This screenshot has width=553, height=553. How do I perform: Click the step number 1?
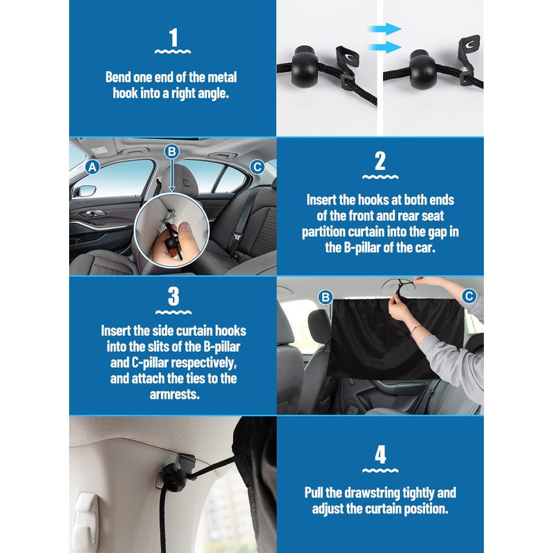(x=174, y=38)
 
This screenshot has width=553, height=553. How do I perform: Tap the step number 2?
(x=380, y=161)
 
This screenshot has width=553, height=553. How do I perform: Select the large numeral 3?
(x=174, y=297)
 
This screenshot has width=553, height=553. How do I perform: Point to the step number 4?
(x=381, y=455)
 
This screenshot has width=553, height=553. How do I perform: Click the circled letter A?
(x=93, y=167)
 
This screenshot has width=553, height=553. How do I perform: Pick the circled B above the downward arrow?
(x=171, y=151)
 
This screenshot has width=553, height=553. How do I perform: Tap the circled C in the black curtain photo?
(x=469, y=297)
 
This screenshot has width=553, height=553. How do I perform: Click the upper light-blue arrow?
(x=385, y=29)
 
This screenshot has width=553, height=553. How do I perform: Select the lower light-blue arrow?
(x=385, y=47)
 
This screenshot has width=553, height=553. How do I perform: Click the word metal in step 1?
(x=222, y=77)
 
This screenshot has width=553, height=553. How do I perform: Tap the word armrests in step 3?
(x=175, y=394)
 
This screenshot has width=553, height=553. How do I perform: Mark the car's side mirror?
(x=86, y=191)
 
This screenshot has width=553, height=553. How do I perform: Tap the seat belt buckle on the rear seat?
(x=235, y=236)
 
